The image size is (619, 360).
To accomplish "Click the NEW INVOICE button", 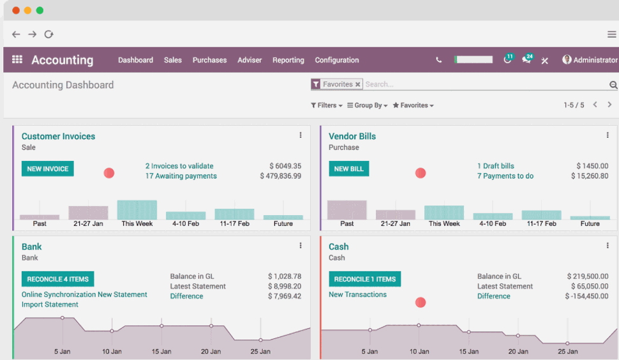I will pos(47,169).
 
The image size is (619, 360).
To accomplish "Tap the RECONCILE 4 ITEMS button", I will pos(57,280).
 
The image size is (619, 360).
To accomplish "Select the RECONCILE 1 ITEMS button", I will pos(364,280).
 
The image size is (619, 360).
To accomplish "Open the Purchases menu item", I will pos(209,60).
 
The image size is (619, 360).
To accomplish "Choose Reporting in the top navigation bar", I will pos(288,60).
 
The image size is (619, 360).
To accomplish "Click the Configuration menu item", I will pos(336,60).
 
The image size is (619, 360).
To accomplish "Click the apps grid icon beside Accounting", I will pos(17,59).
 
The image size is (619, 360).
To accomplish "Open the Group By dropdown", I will pos(367,105).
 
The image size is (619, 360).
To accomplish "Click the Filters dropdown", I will pos(327,105).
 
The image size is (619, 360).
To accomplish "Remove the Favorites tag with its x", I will pos(358,84).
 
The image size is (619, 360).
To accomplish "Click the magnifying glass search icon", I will pos(613,85).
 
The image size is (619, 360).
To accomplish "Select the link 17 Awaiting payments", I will pos(181,176).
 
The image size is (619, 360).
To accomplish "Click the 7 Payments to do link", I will pos(505,176).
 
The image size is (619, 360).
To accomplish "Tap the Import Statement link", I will pos(50,304).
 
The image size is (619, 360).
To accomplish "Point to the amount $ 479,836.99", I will pos(280,176).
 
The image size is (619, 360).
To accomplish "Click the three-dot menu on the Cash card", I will pos(608,246).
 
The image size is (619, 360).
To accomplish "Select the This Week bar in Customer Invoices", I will pos(137,210).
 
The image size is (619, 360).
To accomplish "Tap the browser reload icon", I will pos(49,34).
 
